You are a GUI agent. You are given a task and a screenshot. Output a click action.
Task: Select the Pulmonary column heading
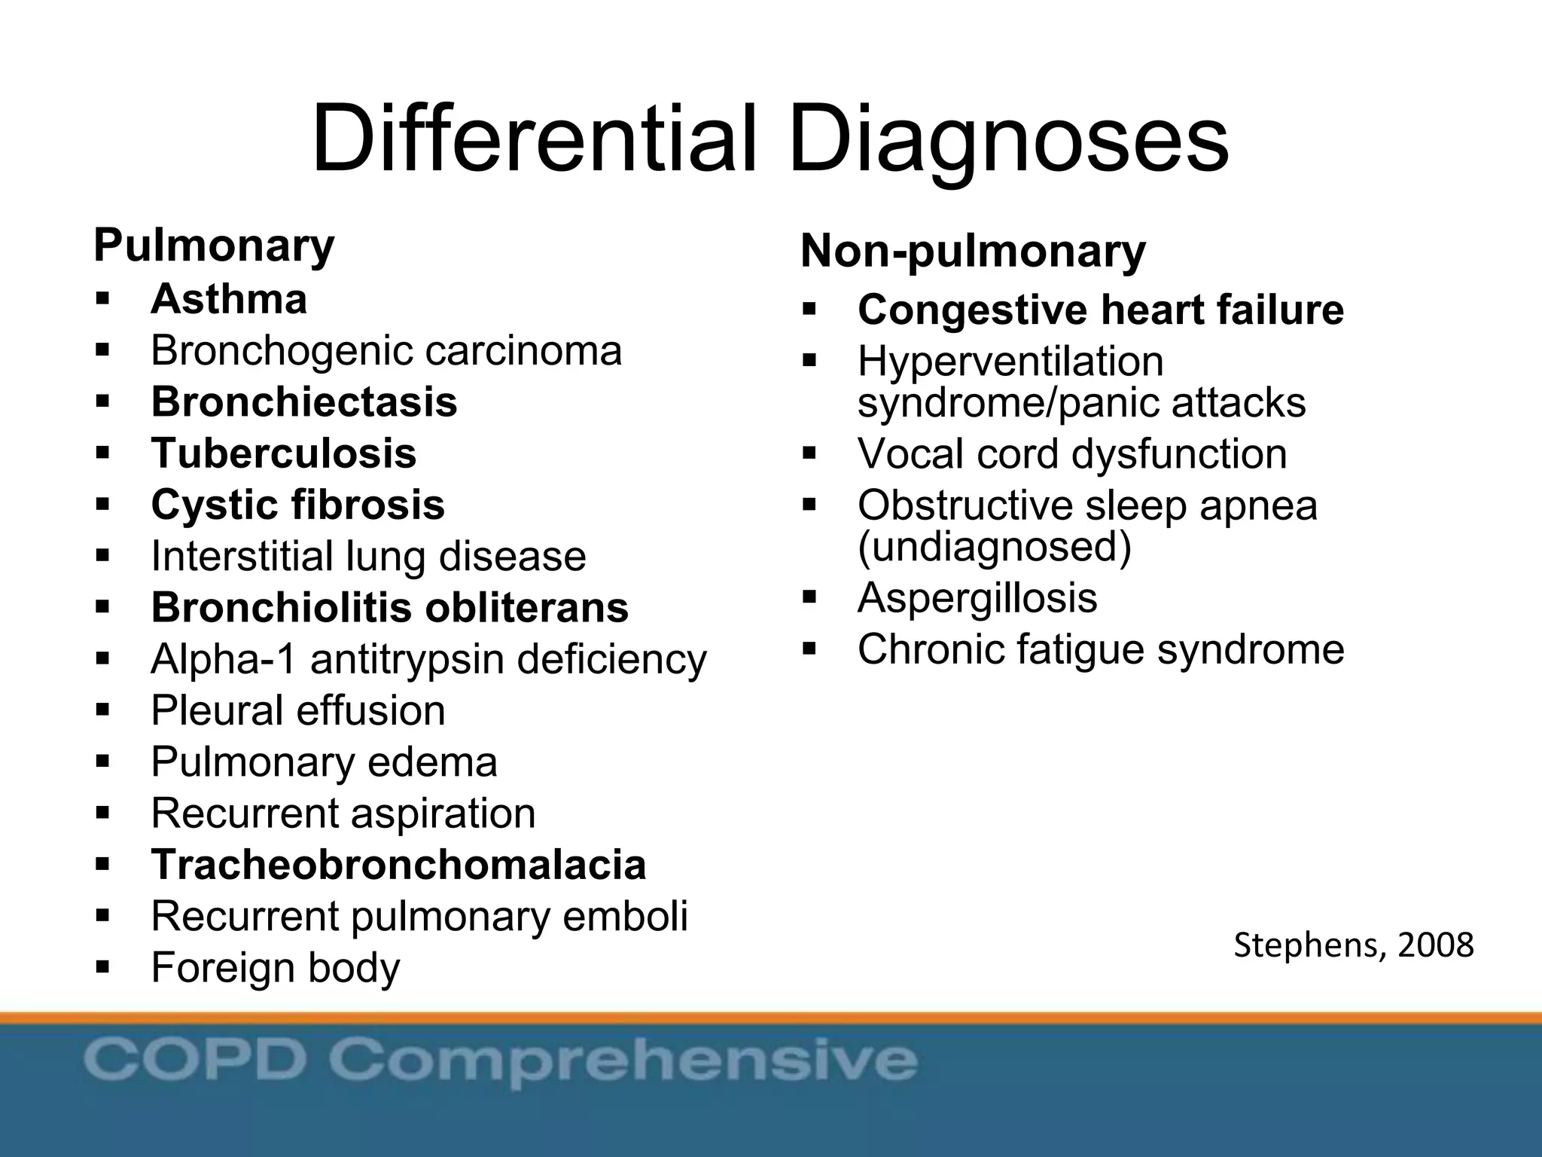click(x=214, y=246)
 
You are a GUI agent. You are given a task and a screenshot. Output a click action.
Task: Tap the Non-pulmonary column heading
click(x=972, y=251)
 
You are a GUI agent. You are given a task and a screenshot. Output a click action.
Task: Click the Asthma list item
click(x=229, y=299)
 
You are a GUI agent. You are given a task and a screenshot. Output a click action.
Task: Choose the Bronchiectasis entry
click(x=304, y=401)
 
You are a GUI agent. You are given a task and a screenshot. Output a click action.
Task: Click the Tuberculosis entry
click(x=284, y=453)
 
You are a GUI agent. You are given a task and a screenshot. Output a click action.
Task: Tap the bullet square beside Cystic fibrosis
click(x=103, y=505)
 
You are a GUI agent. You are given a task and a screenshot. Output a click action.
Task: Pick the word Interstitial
click(x=242, y=556)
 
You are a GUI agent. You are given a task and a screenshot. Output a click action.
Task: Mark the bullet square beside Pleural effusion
click(x=103, y=710)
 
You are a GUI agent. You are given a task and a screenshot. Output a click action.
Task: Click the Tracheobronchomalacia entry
click(x=398, y=865)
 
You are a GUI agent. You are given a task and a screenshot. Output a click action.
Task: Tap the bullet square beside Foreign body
click(x=103, y=967)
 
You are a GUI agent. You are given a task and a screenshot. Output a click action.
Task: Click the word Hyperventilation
click(x=1010, y=362)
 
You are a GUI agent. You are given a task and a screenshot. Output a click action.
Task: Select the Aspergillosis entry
click(x=977, y=598)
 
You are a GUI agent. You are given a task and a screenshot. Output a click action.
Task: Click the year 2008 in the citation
click(x=1435, y=945)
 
